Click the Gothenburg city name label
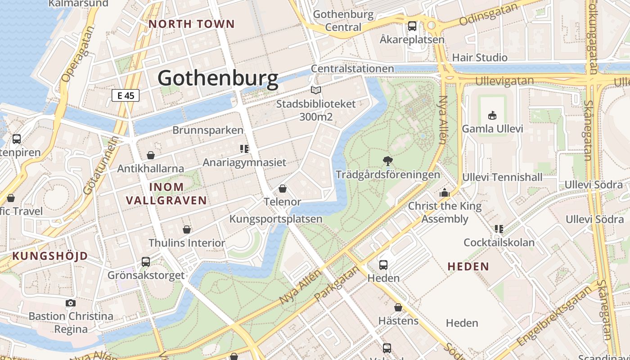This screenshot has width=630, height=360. (218, 78)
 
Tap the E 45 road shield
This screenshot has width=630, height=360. (126, 95)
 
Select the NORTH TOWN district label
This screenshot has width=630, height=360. (192, 24)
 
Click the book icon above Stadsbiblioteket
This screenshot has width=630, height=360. (316, 90)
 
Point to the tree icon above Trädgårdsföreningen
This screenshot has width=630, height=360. (387, 161)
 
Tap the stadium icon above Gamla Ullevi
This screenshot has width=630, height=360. (492, 115)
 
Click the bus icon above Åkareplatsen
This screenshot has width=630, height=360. (412, 26)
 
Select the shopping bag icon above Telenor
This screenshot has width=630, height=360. (283, 188)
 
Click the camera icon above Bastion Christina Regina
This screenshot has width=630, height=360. (71, 303)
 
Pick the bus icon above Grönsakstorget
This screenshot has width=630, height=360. (146, 261)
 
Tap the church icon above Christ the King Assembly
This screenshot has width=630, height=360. (445, 193)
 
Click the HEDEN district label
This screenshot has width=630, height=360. (468, 266)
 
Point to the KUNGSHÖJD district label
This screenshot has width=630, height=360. (50, 256)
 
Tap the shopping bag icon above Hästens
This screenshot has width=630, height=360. (398, 307)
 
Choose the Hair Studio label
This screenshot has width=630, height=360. (480, 58)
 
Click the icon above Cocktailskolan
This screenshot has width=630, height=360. (499, 229)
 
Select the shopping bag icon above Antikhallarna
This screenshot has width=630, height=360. (151, 155)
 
